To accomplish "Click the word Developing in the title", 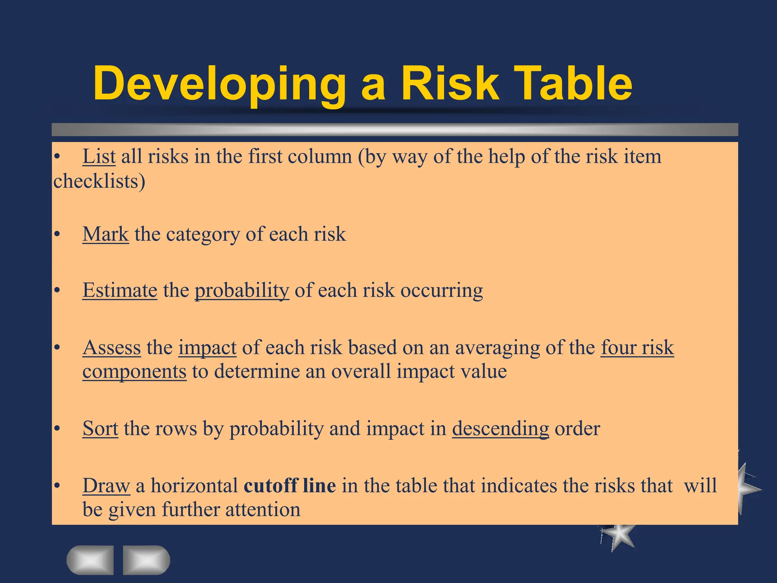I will click(219, 84).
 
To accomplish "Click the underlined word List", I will click(99, 156).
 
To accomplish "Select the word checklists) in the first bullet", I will click(99, 181).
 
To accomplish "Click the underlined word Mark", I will click(105, 234).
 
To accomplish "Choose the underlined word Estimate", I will click(120, 291).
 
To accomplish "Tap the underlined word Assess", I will click(112, 348).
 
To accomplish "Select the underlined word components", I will click(134, 372).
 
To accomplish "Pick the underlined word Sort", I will click(100, 429).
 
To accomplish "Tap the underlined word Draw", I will click(106, 486).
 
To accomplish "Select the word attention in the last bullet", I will click(263, 510).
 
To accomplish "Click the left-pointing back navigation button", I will click(90, 560).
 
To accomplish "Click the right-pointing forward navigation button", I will click(146, 560).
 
